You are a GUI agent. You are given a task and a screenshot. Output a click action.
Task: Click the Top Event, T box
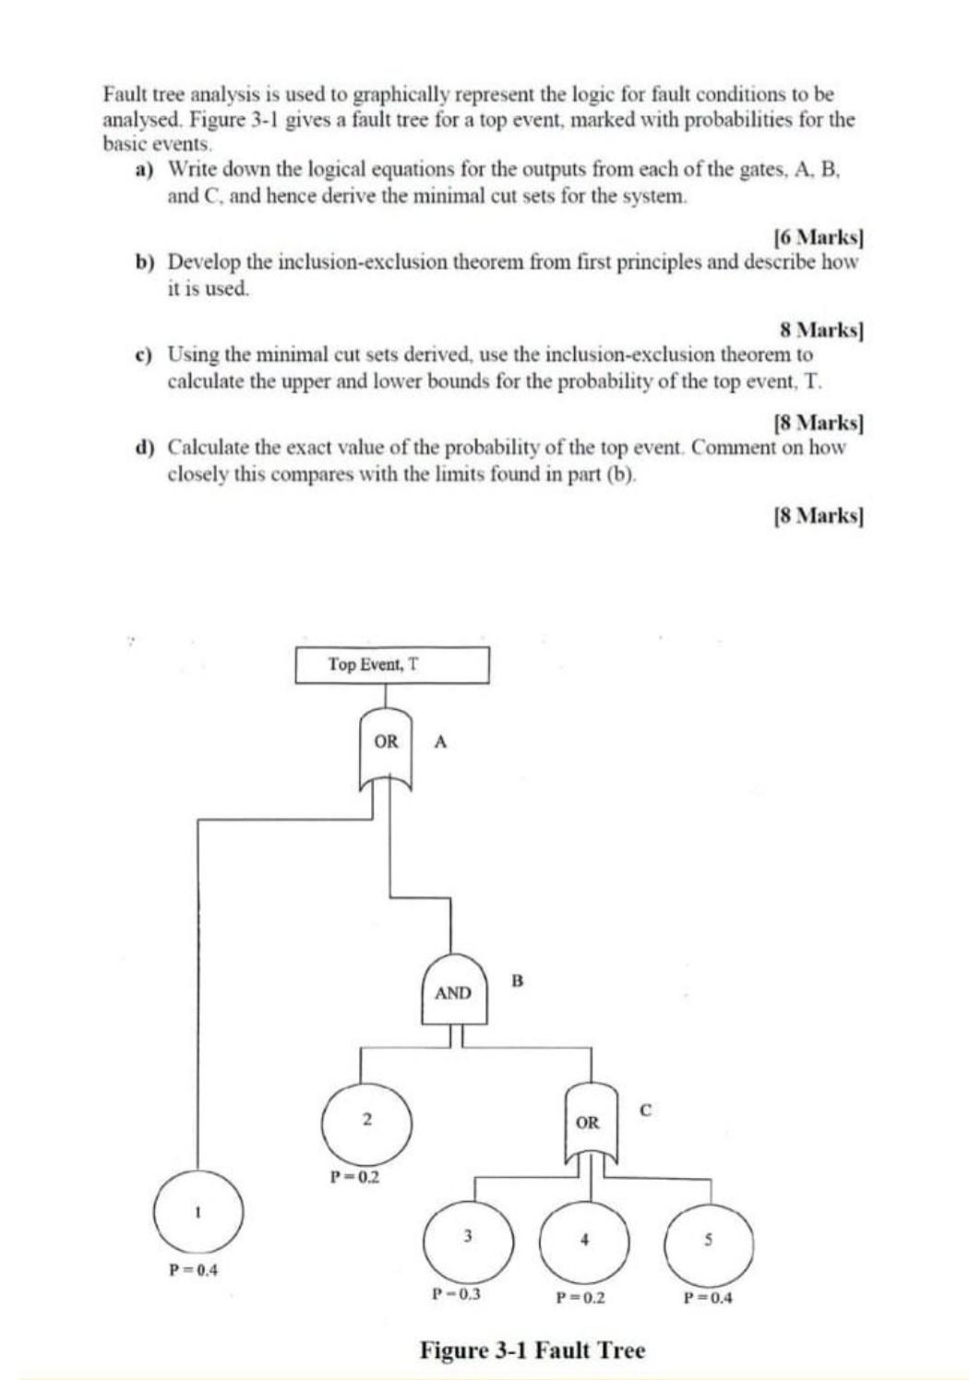click(392, 665)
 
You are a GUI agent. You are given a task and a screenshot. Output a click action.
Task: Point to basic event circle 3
click(468, 1236)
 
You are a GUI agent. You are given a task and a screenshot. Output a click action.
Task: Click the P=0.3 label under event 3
click(457, 1294)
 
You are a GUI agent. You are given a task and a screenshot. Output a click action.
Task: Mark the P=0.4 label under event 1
click(193, 1270)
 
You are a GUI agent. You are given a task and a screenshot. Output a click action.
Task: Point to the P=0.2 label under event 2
click(355, 1177)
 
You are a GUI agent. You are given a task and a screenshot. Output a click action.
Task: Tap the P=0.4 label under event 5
click(708, 1298)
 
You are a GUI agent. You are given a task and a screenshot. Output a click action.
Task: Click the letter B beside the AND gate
click(517, 980)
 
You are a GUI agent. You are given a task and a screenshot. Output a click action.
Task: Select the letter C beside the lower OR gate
click(645, 1110)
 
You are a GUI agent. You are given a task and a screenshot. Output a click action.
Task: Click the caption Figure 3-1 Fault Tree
click(532, 1350)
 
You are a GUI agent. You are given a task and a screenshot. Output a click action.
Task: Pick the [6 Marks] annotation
click(818, 236)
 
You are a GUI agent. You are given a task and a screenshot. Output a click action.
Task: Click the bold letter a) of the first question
click(144, 170)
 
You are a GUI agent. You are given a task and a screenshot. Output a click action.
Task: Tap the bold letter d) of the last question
click(144, 449)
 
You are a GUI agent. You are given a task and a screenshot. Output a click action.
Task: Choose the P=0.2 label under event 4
click(580, 1298)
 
